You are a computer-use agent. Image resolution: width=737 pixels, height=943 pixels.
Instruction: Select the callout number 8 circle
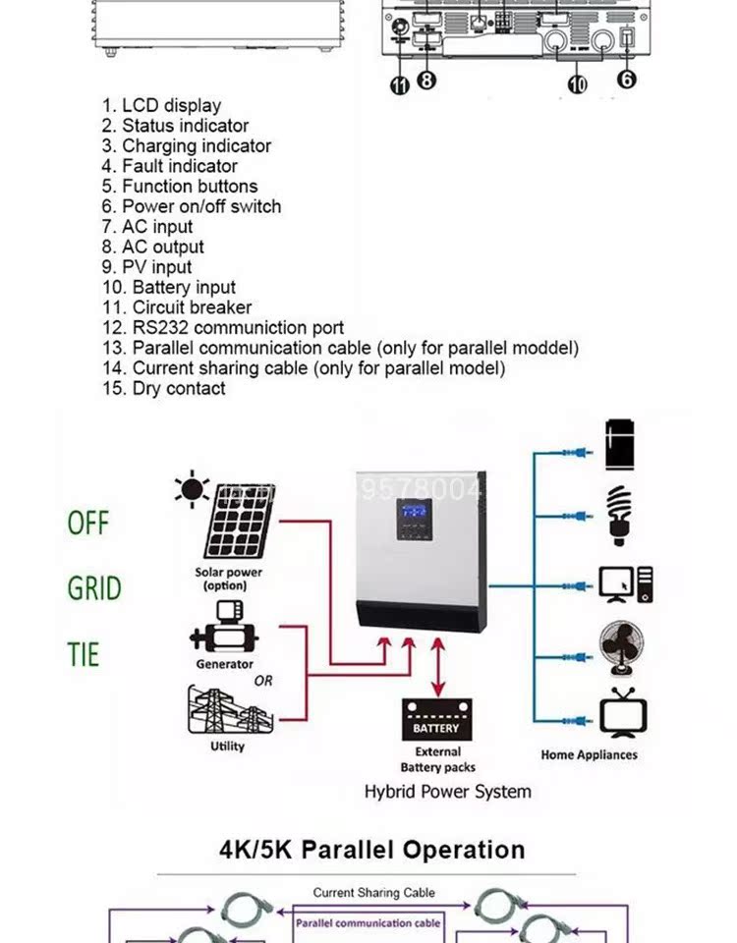point(425,80)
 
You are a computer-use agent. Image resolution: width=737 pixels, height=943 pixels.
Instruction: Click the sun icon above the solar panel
point(191,488)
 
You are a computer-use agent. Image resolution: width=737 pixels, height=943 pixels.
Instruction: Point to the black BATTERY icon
point(436,721)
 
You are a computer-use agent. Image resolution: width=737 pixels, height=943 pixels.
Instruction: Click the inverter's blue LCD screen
point(416,514)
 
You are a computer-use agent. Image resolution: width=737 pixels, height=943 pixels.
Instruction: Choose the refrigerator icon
point(619,445)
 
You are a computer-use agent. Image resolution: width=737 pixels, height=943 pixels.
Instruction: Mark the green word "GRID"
point(94,588)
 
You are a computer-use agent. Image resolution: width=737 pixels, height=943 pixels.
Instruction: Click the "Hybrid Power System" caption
point(447,792)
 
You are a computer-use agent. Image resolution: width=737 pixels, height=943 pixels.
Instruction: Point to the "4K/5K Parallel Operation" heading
point(371,850)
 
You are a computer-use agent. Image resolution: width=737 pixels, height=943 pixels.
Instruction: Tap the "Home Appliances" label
point(589,755)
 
